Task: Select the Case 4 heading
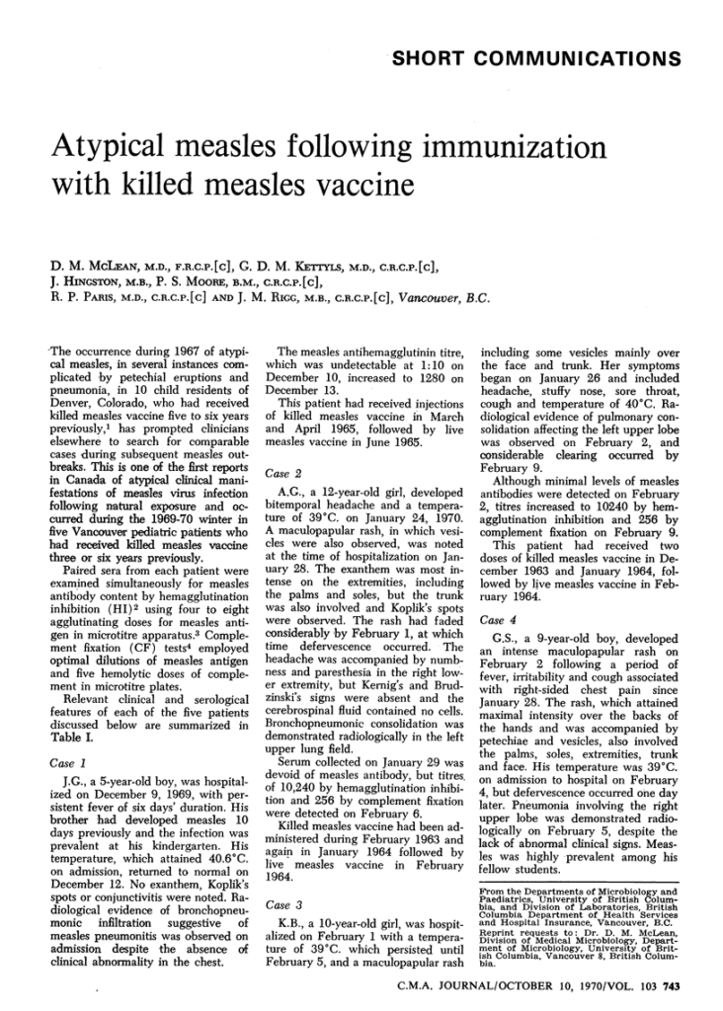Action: coord(498,620)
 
